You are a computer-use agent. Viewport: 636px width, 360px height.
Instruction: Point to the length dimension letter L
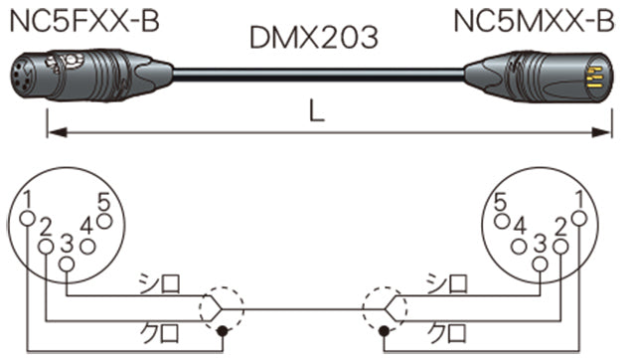[316, 113]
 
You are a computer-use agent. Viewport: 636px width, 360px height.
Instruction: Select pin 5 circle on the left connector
[103, 219]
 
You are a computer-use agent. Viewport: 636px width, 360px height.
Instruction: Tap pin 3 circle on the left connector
[66, 264]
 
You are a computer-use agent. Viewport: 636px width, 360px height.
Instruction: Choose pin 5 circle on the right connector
[504, 220]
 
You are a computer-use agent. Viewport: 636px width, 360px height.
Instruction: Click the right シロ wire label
[441, 285]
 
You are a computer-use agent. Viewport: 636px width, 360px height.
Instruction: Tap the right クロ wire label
[441, 329]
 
